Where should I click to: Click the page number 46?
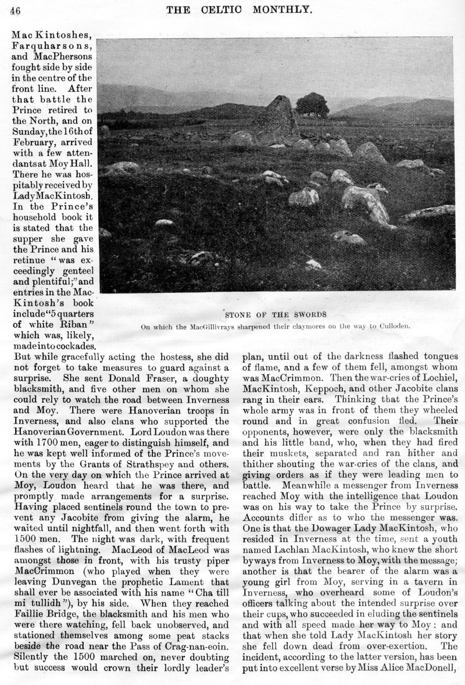coord(16,9)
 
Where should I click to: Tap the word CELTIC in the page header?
coord(237,9)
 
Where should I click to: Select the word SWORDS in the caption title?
coord(307,314)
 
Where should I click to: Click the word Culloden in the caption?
coord(392,326)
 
